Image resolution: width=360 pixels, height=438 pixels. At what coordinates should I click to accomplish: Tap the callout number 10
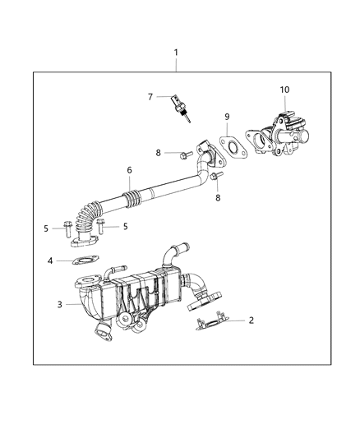pyautogui.click(x=284, y=90)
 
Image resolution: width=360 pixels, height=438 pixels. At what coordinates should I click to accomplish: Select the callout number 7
pyautogui.click(x=150, y=97)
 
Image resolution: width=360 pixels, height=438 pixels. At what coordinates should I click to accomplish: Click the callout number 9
pyautogui.click(x=228, y=117)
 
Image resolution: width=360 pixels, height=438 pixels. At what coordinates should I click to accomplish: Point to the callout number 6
pyautogui.click(x=128, y=171)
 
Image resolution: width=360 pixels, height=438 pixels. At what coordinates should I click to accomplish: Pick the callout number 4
pyautogui.click(x=50, y=262)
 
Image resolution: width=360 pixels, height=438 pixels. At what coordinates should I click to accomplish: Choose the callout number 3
pyautogui.click(x=58, y=305)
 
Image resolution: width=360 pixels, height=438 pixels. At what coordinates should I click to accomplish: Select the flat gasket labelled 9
pyautogui.click(x=234, y=150)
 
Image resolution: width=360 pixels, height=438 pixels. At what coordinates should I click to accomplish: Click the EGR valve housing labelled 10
pyautogui.click(x=279, y=131)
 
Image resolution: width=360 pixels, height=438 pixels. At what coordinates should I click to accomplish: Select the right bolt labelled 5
pyautogui.click(x=99, y=225)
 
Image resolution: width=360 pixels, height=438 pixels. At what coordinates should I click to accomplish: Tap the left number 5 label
pyautogui.click(x=46, y=228)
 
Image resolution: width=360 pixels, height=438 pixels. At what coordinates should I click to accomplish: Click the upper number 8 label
pyautogui.click(x=158, y=153)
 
